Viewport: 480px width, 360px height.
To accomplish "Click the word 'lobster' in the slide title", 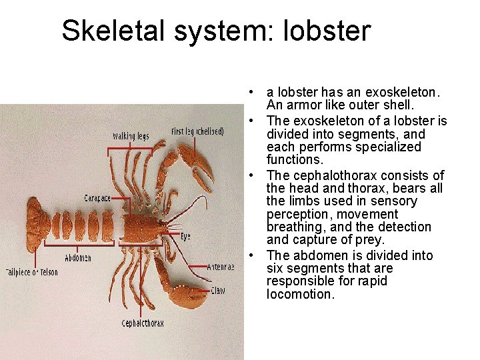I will (x=327, y=31).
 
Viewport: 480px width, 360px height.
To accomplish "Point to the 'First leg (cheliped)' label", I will (x=198, y=131).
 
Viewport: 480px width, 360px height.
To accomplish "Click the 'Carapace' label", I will (x=97, y=198).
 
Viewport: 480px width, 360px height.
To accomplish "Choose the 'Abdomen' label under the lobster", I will (x=78, y=257).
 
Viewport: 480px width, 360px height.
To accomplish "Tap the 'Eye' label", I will (x=185, y=236).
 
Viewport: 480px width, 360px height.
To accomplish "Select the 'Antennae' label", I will (x=221, y=267).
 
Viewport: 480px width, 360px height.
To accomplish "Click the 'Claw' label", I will (x=218, y=290).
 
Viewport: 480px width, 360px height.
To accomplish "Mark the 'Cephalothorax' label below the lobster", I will (x=143, y=323).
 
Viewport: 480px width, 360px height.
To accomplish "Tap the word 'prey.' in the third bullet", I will (x=371, y=239).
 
